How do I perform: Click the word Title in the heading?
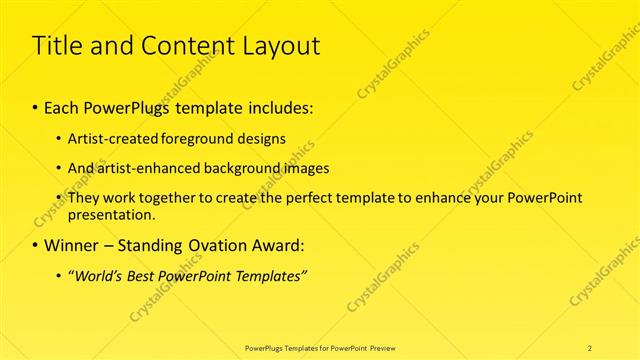click(x=58, y=46)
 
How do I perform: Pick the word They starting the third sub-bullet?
click(x=83, y=198)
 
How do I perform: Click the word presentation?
click(x=111, y=214)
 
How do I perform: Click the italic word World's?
click(x=99, y=275)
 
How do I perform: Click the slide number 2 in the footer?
click(x=590, y=348)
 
